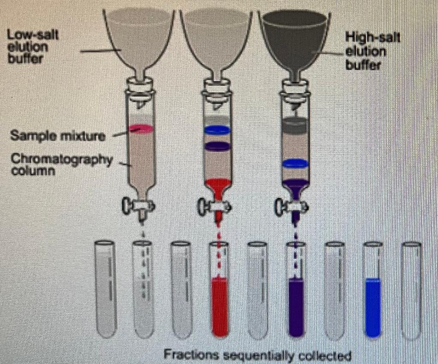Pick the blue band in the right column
coord(296,163)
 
